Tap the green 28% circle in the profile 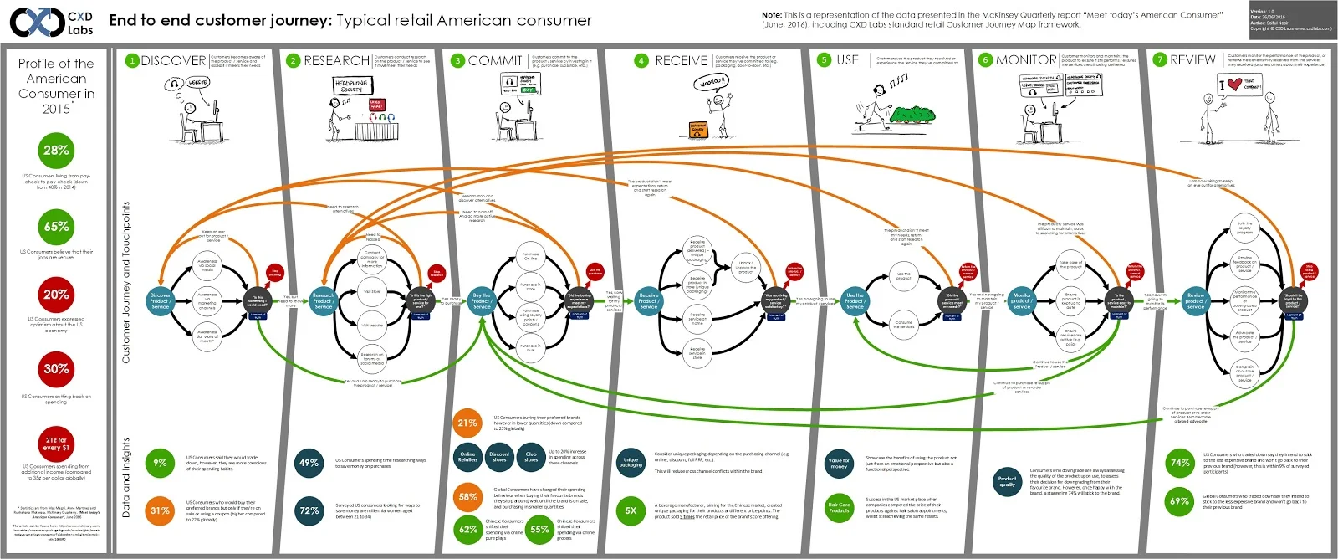tap(56, 151)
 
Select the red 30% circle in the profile tap(56, 369)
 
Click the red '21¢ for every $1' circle tap(56, 444)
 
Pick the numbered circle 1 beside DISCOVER tap(131, 60)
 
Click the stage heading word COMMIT tap(495, 60)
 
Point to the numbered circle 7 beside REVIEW tap(1159, 60)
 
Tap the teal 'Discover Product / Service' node tap(160, 300)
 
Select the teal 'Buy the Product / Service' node tap(482, 300)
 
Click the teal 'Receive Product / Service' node tap(649, 300)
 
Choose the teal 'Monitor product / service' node tap(1022, 300)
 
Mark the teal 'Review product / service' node tap(1196, 300)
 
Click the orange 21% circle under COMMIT tap(467, 423)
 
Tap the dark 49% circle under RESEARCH tap(309, 463)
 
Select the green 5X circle tap(631, 510)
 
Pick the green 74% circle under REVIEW tap(1180, 463)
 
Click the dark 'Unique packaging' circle tap(631, 462)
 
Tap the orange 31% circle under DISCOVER tap(160, 510)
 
